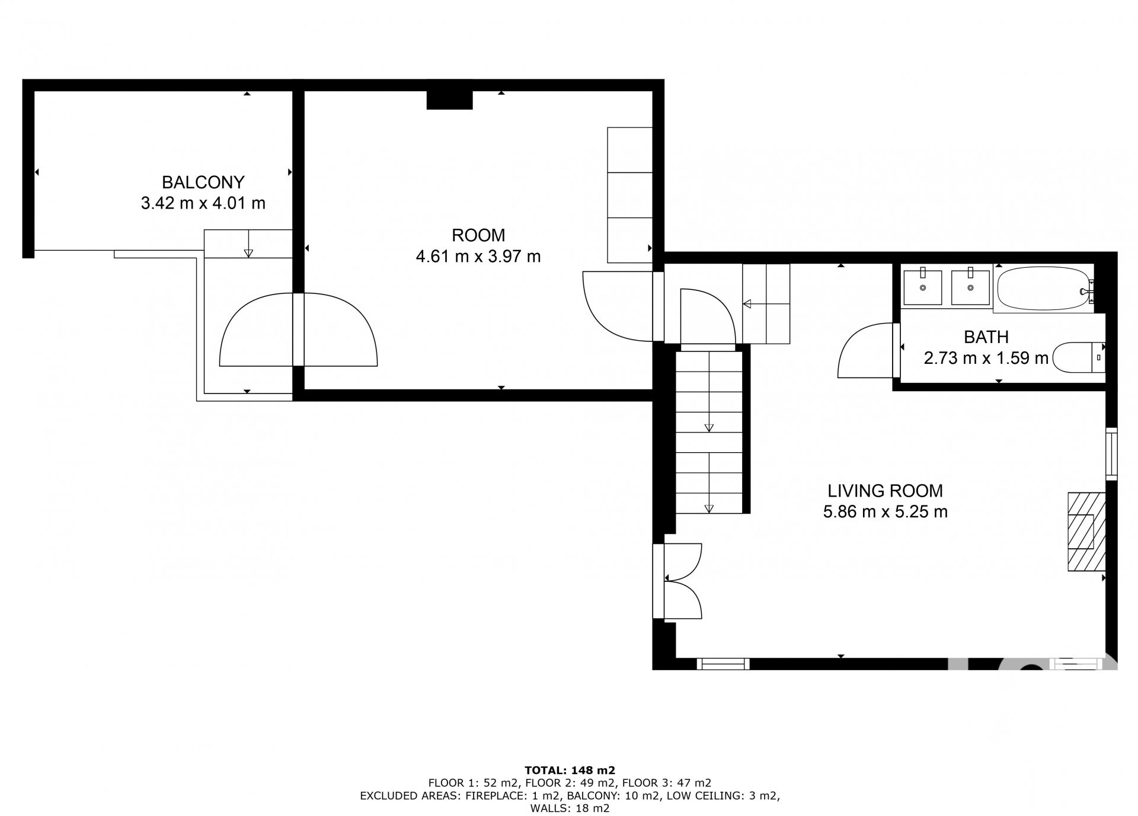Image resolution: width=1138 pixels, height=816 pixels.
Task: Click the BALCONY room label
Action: (203, 182)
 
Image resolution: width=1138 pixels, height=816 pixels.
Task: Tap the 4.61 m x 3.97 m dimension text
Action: (478, 257)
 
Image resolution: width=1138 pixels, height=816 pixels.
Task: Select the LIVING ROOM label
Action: (885, 491)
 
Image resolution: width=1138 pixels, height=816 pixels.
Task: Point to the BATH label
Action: (986, 337)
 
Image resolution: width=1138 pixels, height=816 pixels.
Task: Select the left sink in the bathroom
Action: (922, 287)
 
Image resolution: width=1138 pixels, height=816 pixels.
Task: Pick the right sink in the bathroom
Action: (970, 287)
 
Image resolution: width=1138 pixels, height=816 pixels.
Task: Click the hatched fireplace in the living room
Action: (1086, 532)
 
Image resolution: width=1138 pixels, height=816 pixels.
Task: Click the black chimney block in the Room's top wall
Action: (449, 100)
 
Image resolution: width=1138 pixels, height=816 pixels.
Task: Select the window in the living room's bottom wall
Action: (723, 664)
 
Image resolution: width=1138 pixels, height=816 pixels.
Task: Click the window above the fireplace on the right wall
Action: (1111, 453)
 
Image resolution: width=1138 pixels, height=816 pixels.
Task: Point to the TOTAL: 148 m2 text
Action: (570, 770)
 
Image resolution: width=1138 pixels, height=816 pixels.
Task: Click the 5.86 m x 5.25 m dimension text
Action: (885, 511)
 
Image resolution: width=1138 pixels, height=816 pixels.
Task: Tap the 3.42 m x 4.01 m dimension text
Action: (203, 203)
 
